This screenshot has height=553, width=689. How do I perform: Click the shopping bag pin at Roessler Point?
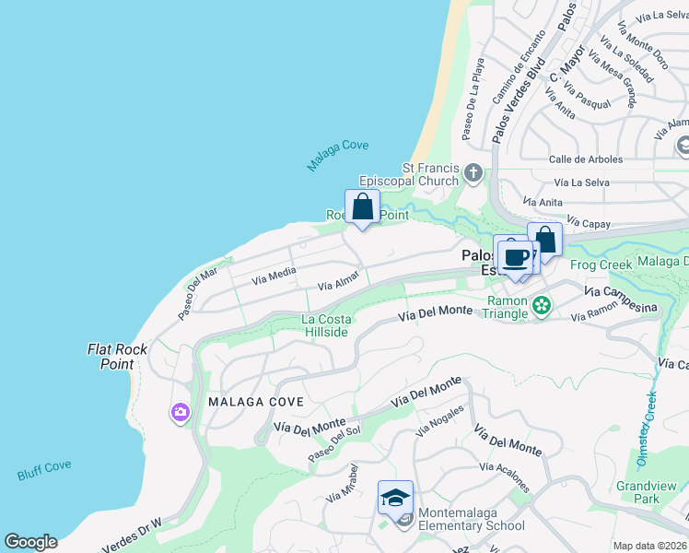(x=362, y=207)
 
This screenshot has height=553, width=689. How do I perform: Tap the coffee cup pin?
(x=516, y=256)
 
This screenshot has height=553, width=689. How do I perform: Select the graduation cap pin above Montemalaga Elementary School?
(x=395, y=499)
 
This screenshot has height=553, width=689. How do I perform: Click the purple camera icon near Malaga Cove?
(x=180, y=413)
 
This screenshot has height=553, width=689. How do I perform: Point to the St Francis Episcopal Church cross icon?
(x=473, y=172)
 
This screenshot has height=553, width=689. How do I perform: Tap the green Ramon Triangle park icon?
(x=542, y=304)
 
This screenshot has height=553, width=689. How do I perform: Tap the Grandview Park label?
(x=638, y=492)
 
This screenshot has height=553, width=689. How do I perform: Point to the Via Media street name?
(x=274, y=273)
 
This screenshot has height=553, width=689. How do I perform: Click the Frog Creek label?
(x=600, y=265)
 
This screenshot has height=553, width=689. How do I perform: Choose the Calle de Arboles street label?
(x=587, y=159)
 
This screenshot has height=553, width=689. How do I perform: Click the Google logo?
(x=30, y=542)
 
